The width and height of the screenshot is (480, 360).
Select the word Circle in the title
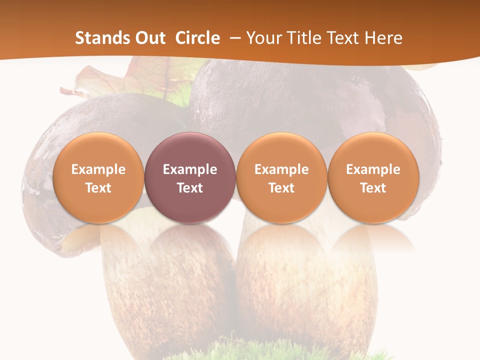pyautogui.click(x=197, y=38)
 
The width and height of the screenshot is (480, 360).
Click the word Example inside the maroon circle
pyautogui.click(x=190, y=169)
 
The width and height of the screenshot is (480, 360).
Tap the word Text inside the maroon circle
pyautogui.click(x=190, y=188)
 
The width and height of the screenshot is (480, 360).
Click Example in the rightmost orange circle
pyautogui.click(x=373, y=169)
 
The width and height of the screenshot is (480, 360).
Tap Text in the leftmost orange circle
pyautogui.click(x=98, y=188)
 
